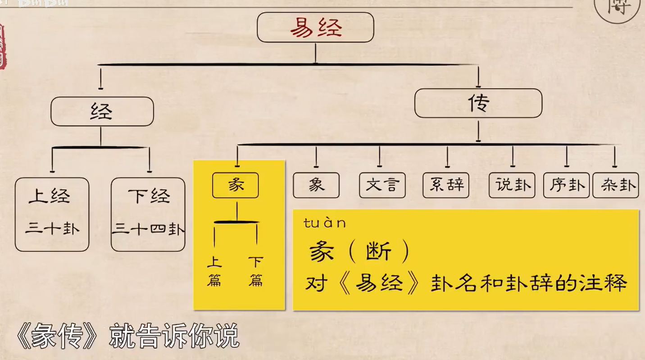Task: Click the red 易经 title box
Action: [315, 27]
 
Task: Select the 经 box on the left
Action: [102, 111]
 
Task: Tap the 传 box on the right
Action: [478, 103]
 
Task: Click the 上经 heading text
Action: [50, 196]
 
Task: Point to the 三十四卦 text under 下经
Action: [148, 229]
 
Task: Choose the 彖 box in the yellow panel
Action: [235, 185]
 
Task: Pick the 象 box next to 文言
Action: [316, 185]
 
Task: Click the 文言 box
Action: [382, 185]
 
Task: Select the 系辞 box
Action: [446, 185]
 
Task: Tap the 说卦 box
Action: [512, 185]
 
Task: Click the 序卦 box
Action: [566, 185]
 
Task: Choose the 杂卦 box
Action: [615, 185]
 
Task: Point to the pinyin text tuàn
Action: [325, 223]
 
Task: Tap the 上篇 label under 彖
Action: [214, 271]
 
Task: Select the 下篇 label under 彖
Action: [256, 271]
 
